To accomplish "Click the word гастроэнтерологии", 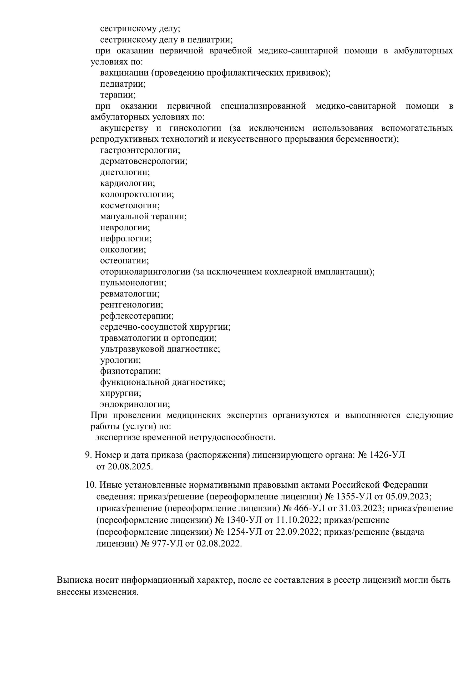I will pos(140,150).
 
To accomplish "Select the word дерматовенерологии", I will pos(143,161).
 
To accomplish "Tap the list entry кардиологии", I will pos(127,184).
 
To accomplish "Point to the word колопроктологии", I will pos(137,194).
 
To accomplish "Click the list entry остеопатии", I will pos(124,261).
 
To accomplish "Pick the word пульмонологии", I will pos(133,283).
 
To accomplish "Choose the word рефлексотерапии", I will pos(137,316).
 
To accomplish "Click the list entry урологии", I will pos(120,360).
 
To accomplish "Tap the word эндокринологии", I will pos(135,404).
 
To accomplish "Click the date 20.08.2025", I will pos(130,467).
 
